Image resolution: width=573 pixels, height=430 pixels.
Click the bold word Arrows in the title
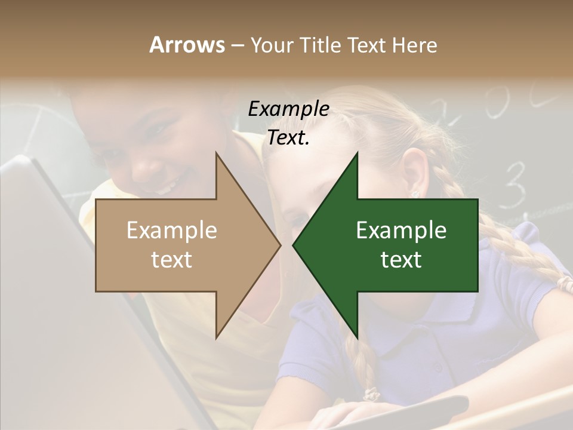click(187, 45)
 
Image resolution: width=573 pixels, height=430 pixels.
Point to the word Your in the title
click(272, 45)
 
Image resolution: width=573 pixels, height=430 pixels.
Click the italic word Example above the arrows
click(288, 109)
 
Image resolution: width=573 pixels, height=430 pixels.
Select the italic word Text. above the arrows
click(288, 138)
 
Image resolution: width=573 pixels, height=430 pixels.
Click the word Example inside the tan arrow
click(171, 231)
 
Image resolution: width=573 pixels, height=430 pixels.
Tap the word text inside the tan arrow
click(171, 260)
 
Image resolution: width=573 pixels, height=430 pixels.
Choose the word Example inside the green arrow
click(401, 231)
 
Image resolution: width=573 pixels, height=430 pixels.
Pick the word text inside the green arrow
click(401, 260)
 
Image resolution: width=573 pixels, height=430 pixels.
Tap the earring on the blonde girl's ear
click(414, 193)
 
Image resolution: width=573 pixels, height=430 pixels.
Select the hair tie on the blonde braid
click(373, 394)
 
